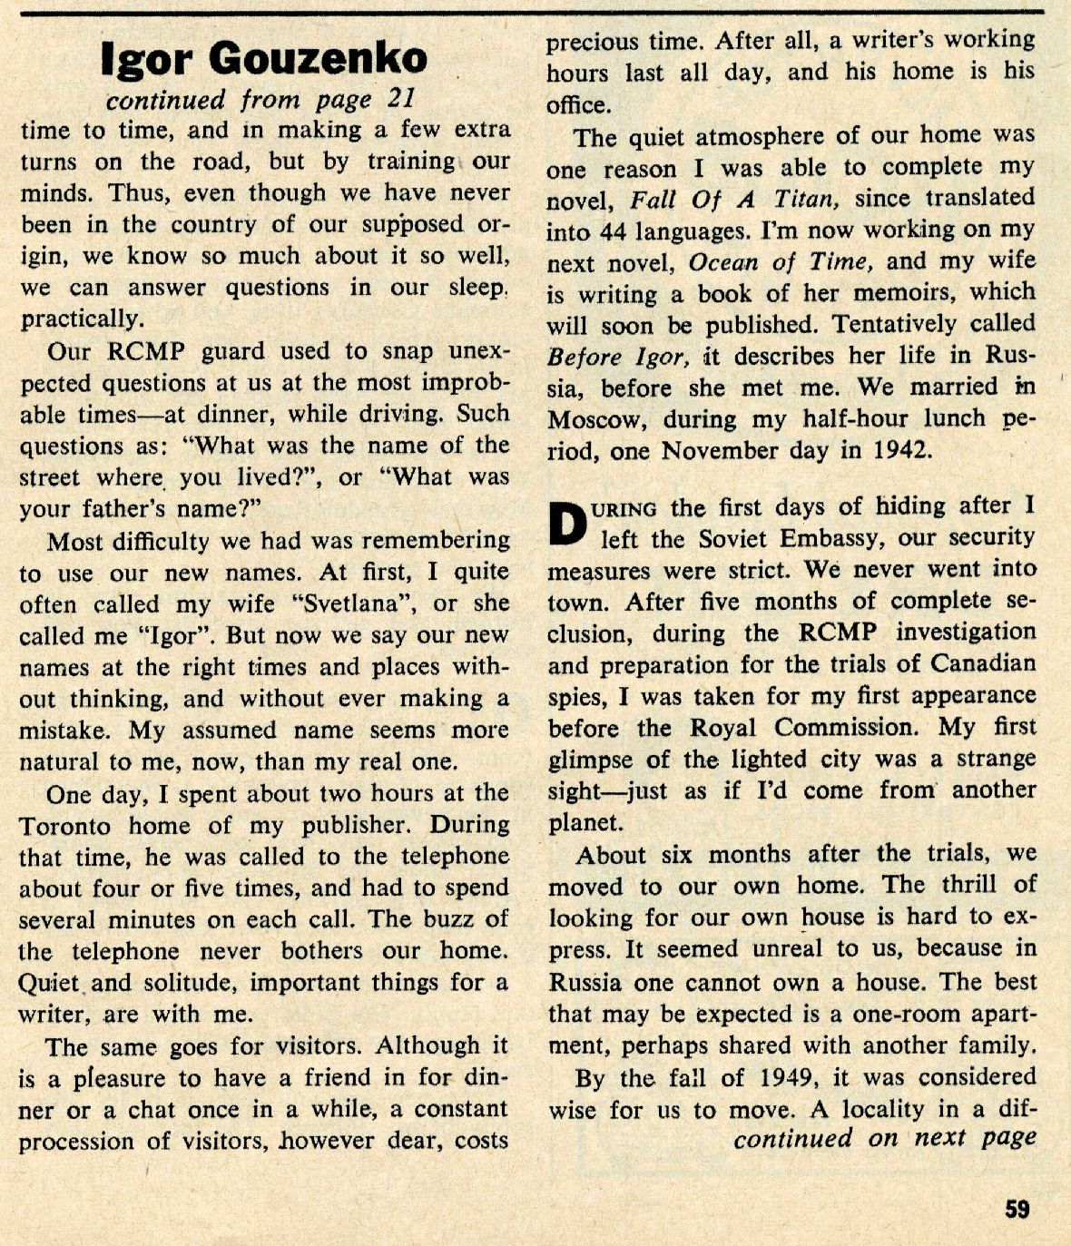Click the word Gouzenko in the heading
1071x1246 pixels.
coord(319,58)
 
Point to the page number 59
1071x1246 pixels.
coord(1017,1210)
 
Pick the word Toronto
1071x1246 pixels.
coord(65,826)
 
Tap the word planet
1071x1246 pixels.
coord(585,823)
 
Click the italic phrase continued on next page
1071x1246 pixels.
coord(884,1138)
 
